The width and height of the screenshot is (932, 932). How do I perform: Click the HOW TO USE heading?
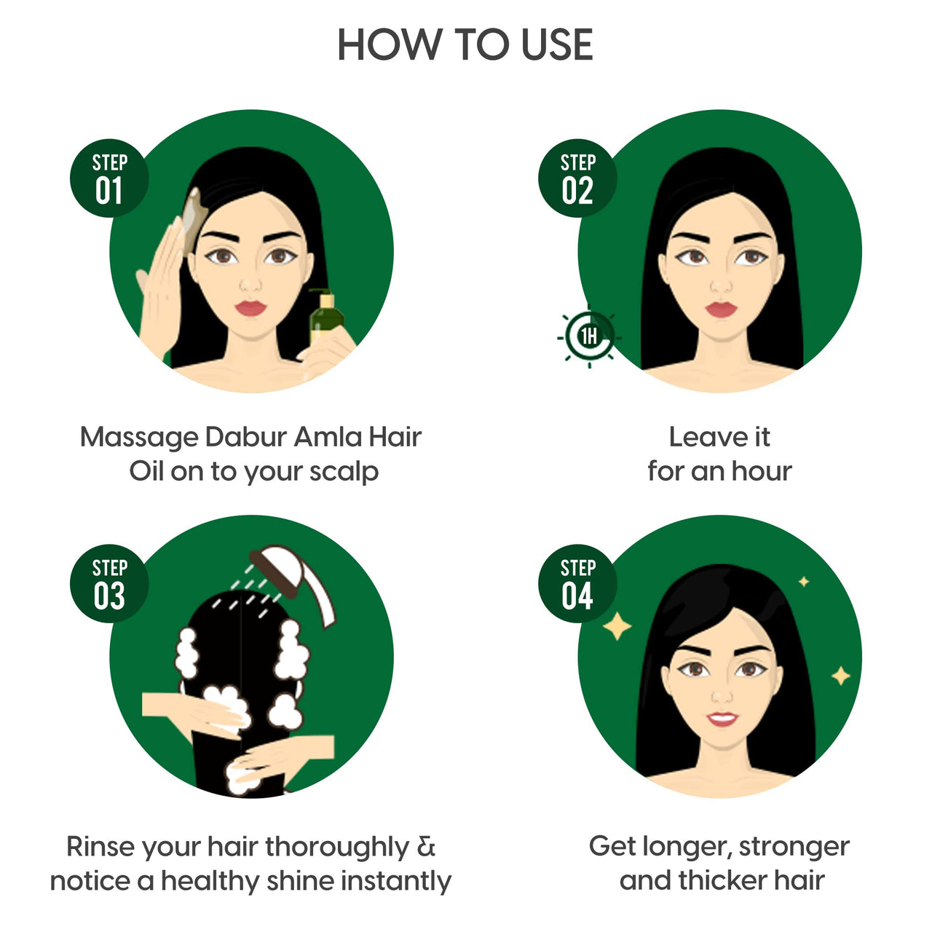(465, 45)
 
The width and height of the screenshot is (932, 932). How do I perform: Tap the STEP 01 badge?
(109, 178)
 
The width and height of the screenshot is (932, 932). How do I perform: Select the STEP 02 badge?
(577, 178)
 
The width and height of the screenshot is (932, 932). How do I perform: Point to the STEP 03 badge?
(109, 584)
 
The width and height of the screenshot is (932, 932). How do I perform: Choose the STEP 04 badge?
(577, 584)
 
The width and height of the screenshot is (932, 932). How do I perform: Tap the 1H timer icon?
(588, 336)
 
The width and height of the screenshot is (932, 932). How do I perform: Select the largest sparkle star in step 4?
(617, 626)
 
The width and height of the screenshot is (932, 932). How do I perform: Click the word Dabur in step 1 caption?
(238, 437)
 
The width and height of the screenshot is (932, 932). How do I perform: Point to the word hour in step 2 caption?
(761, 471)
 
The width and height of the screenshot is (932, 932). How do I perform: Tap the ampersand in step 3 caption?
(427, 847)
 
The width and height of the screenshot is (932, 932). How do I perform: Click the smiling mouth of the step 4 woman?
(722, 719)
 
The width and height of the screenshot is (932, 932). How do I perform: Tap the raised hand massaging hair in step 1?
(160, 284)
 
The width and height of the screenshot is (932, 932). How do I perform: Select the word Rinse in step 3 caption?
(100, 847)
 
